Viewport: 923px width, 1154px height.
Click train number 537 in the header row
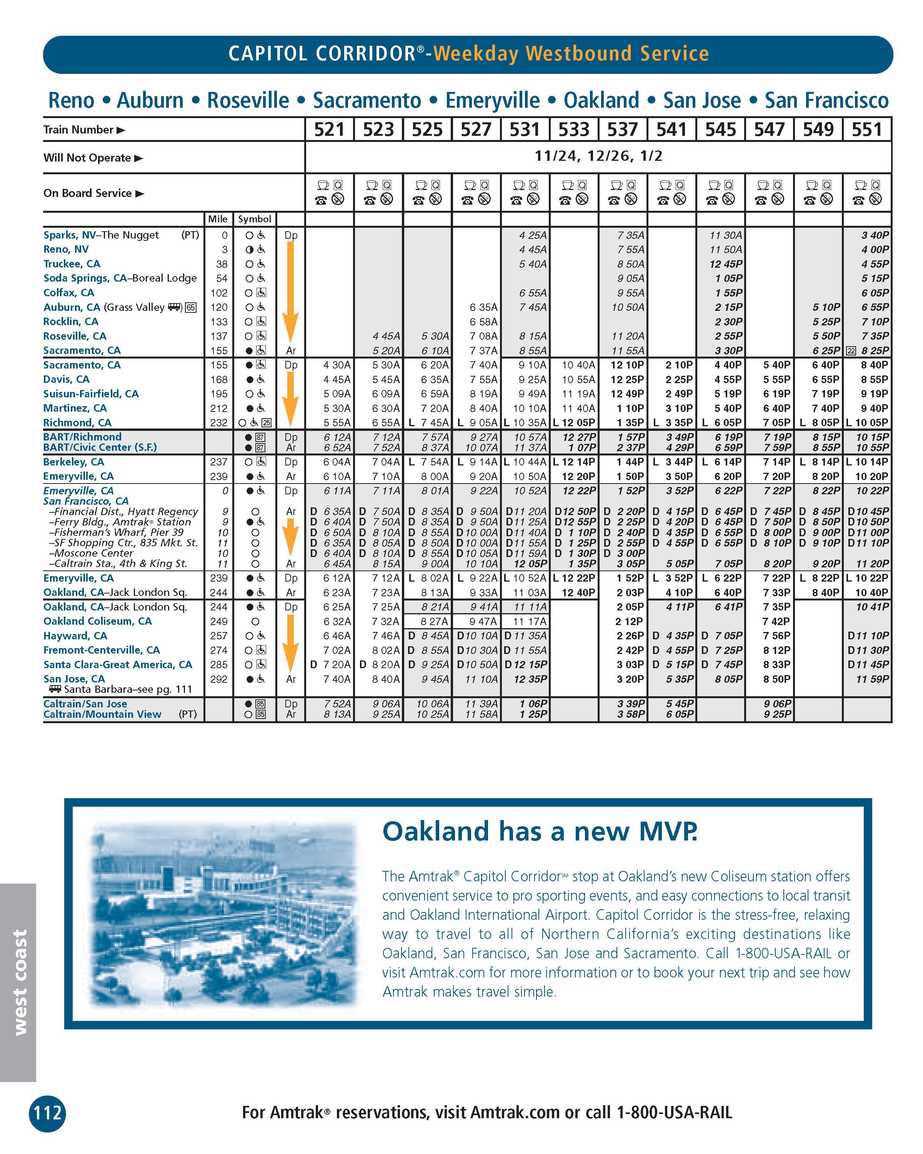[x=622, y=130]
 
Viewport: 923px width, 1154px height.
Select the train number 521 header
[x=329, y=130]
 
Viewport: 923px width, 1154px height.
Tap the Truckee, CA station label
[x=72, y=264]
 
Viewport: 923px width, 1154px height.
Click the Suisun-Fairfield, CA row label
[x=91, y=394]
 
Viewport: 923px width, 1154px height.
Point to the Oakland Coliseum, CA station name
[x=97, y=621]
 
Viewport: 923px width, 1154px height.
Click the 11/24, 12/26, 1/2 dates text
[x=598, y=156]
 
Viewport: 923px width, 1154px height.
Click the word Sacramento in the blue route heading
[x=367, y=101]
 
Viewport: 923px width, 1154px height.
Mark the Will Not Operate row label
[x=87, y=158]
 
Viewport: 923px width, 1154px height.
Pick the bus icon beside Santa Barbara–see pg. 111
[x=55, y=689]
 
